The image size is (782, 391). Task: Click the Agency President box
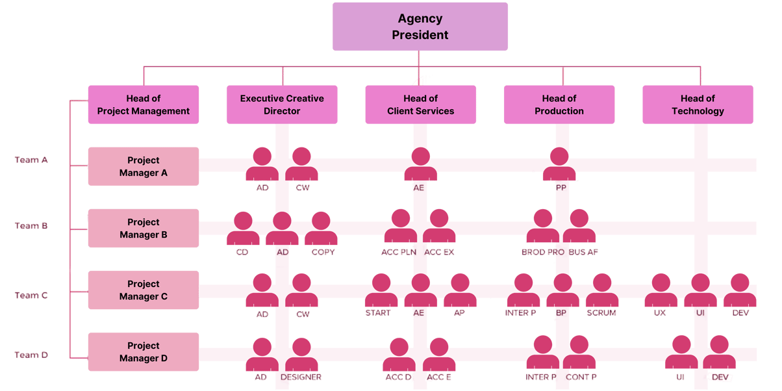pos(420,27)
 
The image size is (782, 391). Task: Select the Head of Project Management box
pos(143,105)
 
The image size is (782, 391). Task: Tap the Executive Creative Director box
pos(282,105)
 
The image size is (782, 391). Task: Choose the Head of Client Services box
pos(420,105)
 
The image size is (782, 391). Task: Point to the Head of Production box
pos(559,105)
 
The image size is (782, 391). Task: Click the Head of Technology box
pos(698,105)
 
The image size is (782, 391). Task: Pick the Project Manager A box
pos(143,166)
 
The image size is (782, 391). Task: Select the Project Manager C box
pos(143,290)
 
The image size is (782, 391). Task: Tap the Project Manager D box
pos(143,352)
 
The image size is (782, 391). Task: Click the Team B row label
pos(31,226)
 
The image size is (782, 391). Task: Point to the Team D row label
pos(31,355)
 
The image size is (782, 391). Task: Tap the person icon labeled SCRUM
pos(602,290)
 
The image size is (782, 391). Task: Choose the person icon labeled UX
pos(661,290)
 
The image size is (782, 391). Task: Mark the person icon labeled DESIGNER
pos(301,355)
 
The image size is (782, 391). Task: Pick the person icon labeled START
pos(381,290)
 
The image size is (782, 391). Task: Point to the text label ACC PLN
pos(398,252)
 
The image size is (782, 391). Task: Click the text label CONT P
pos(581,377)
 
